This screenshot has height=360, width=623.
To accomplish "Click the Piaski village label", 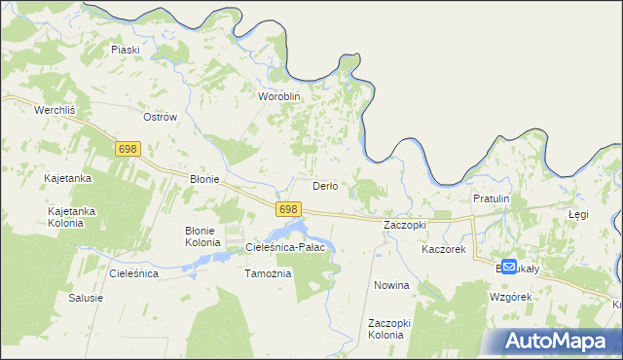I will (126, 50).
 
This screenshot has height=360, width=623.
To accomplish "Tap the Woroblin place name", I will (279, 97).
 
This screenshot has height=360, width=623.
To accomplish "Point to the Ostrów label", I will (160, 117).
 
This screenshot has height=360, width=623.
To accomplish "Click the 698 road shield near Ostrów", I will (128, 149).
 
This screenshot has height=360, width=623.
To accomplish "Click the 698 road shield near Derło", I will (287, 209).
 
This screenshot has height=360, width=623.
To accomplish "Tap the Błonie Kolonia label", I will (203, 235).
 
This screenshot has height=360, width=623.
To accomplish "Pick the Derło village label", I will (324, 186).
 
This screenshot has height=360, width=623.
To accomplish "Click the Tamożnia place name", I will (267, 273).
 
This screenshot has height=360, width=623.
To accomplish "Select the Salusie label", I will (86, 298).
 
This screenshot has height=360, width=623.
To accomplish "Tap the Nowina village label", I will (391, 286).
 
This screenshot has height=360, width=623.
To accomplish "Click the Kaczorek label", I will (444, 250).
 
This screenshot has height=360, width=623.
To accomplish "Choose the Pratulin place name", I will (491, 198).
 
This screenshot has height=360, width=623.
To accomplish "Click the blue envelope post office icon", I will (509, 266).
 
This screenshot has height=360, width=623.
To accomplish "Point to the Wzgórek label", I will (511, 296).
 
